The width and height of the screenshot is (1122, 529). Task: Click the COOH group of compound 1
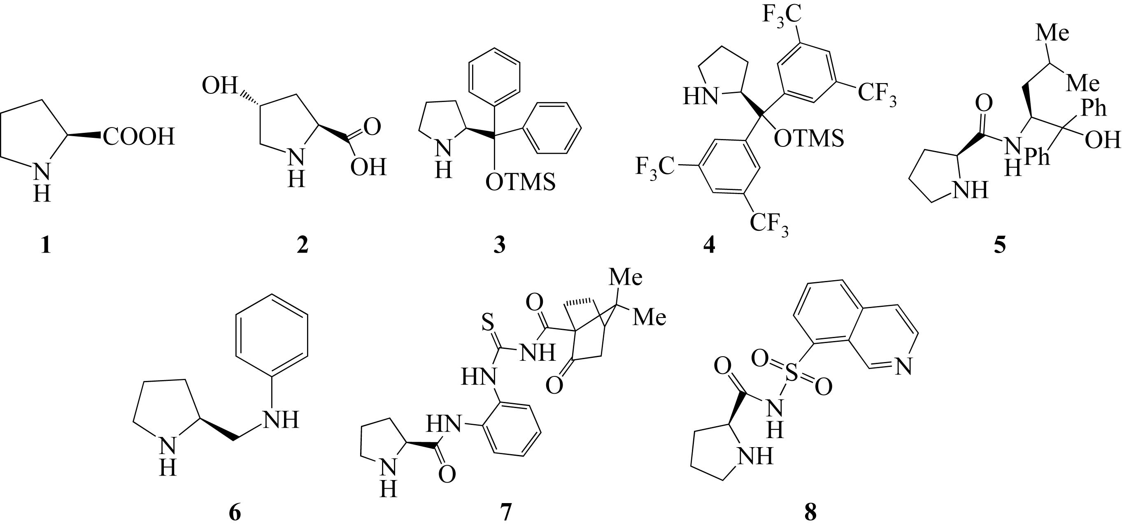tap(139, 136)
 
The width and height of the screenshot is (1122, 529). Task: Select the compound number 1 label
tap(45, 246)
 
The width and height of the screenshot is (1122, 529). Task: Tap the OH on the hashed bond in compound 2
tap(219, 86)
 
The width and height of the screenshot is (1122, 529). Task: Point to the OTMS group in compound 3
tap(520, 182)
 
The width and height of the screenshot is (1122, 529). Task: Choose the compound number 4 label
tap(709, 246)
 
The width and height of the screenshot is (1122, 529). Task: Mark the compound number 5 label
tap(1001, 246)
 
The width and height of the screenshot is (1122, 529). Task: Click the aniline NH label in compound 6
tap(280, 420)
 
